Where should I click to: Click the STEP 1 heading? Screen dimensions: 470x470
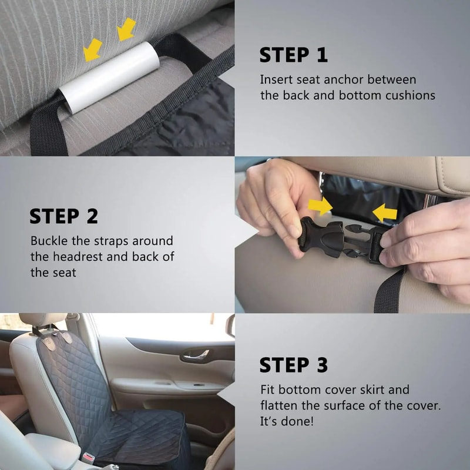click(293, 55)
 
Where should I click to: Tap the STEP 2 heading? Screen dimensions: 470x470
click(63, 216)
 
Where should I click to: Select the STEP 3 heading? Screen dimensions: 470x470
click(293, 365)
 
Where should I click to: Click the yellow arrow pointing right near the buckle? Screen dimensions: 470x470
click(321, 206)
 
